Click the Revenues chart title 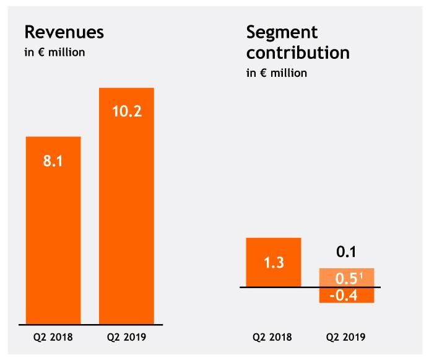[x=64, y=32]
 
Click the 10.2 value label [x=126, y=113]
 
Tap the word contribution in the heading [x=298, y=53]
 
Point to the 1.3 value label [x=274, y=263]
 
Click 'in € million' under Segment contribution [x=277, y=73]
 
